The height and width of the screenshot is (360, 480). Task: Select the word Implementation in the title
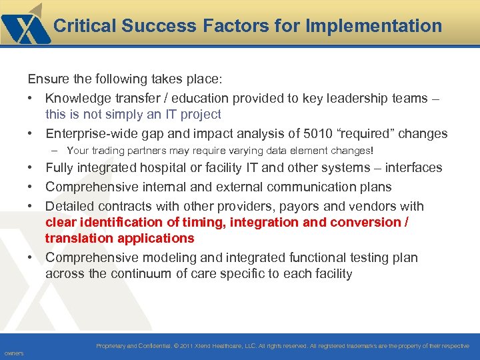coord(374,26)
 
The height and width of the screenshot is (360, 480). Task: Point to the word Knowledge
coord(75,98)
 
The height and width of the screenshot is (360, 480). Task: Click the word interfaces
coord(413,167)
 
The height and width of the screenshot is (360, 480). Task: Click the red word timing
coord(199,222)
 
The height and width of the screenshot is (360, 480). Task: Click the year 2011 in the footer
coord(186,346)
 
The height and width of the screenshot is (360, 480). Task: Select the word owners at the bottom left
coord(13,353)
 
